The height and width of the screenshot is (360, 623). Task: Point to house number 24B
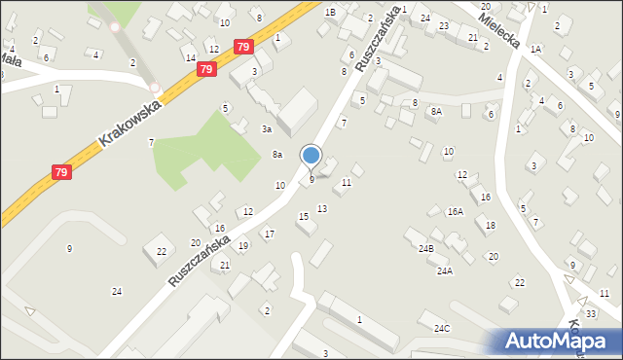coord(426,249)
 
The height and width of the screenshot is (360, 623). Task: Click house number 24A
coord(444,271)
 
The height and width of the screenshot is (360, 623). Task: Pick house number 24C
coord(442,328)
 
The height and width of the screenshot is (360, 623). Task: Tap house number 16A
coord(455,211)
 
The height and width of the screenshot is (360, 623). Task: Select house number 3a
coord(265,128)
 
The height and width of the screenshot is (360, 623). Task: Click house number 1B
coord(330,12)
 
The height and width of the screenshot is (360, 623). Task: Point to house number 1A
coord(535,48)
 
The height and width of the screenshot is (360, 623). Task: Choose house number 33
coord(591,313)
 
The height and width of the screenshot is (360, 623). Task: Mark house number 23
coord(443,25)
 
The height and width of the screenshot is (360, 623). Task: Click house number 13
coord(322,209)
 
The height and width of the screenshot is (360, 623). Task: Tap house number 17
coord(269,234)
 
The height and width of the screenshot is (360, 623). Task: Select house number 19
coord(242,245)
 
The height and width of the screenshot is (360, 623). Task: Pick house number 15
coord(303,216)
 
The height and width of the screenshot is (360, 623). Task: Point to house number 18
coord(490,225)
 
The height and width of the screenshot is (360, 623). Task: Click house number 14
coord(191,58)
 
